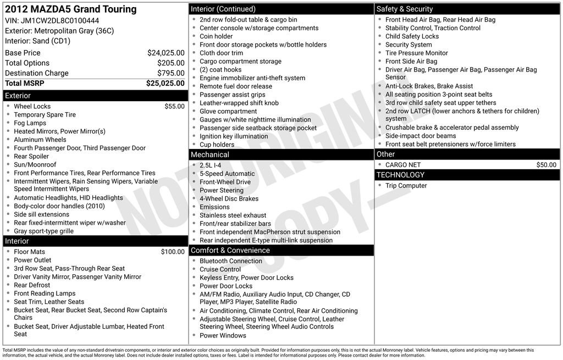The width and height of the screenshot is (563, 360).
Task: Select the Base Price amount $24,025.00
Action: click(x=165, y=53)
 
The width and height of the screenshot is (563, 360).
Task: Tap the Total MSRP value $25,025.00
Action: click(x=165, y=84)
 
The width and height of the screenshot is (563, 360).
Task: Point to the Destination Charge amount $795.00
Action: click(x=170, y=73)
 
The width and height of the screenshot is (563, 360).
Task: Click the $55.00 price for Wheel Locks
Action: click(x=174, y=107)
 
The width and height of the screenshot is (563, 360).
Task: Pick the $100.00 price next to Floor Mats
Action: click(x=173, y=252)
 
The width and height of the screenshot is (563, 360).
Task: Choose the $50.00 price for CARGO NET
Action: click(x=546, y=165)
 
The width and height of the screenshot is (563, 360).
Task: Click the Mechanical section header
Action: click(x=210, y=155)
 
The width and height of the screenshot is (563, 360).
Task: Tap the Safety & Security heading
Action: click(x=405, y=9)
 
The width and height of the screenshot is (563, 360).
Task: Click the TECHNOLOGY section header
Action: click(x=400, y=175)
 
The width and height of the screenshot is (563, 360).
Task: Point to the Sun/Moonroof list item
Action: click(x=35, y=164)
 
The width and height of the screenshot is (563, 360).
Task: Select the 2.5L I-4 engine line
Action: click(x=211, y=165)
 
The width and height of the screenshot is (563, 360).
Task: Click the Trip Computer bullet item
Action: click(x=406, y=186)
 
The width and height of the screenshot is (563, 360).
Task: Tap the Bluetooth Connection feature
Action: click(x=230, y=261)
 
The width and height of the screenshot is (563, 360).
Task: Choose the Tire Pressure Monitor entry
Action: click(x=416, y=53)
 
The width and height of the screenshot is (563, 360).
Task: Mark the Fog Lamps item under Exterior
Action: click(x=30, y=123)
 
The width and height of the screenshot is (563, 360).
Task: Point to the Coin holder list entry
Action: click(x=216, y=36)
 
